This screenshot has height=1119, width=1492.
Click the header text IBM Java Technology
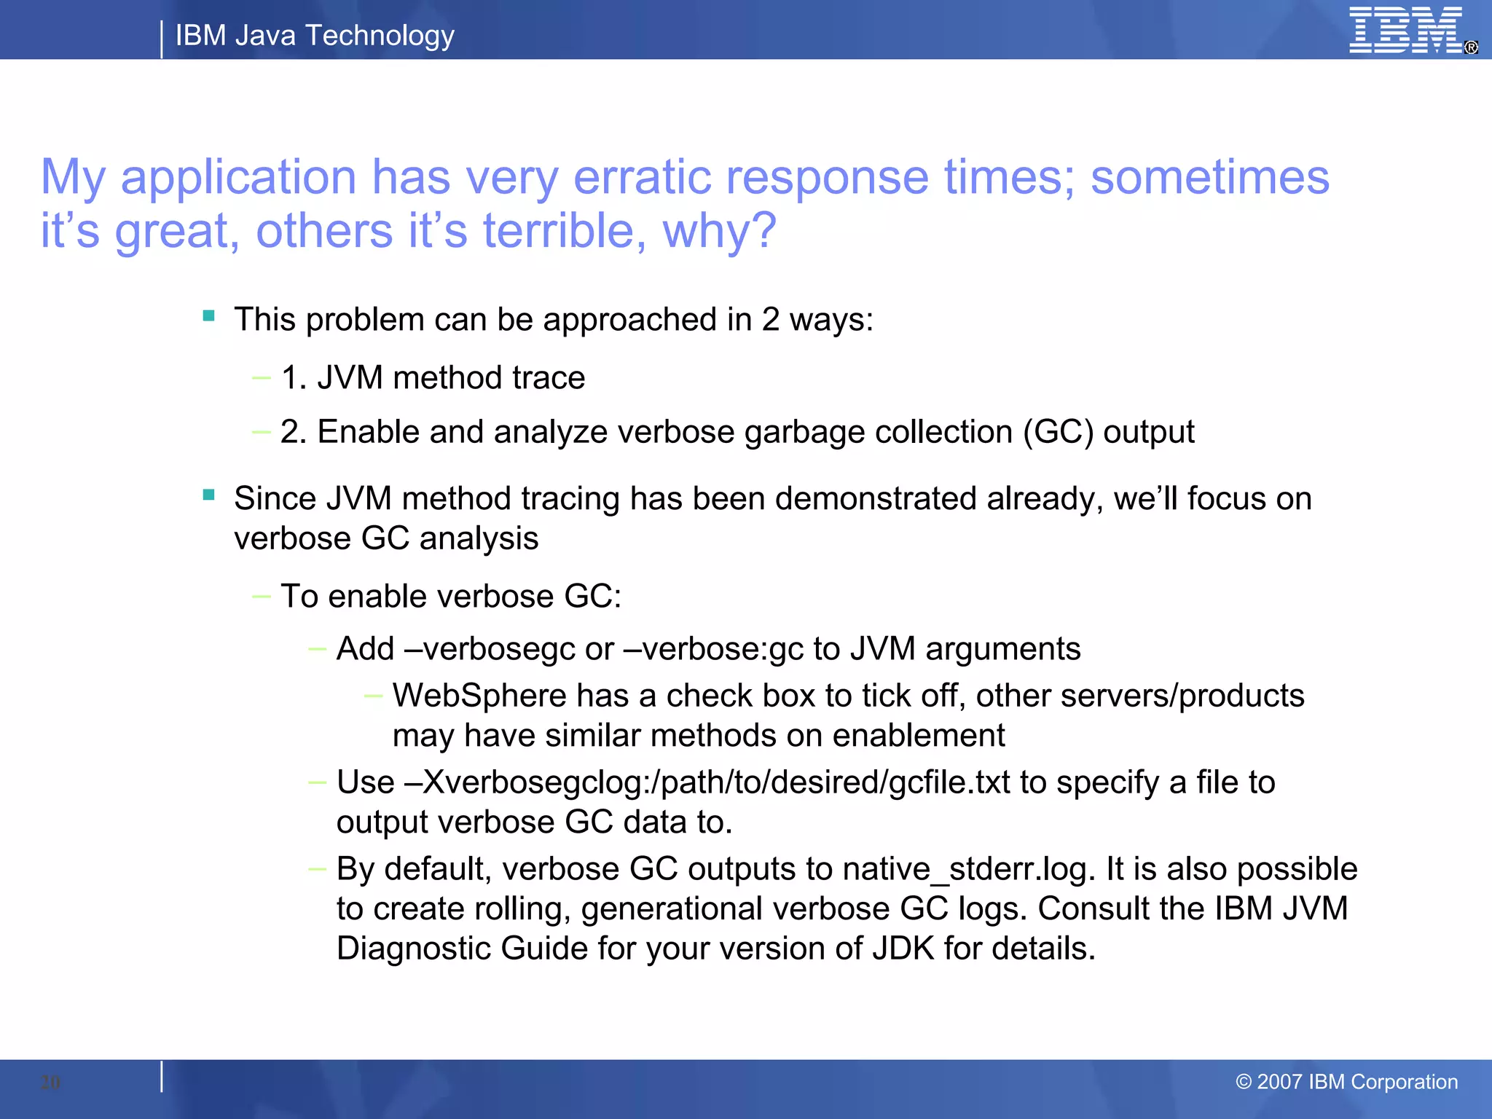315,35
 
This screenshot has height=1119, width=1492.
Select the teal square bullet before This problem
209,316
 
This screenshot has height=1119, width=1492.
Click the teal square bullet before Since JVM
209,495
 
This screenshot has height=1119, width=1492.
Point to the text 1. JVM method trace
433,377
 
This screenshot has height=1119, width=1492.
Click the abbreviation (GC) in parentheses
1058,431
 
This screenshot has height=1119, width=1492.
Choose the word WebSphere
479,696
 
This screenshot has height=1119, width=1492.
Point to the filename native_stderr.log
969,869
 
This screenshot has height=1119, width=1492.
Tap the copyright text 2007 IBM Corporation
1347,1082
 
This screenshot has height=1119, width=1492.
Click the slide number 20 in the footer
50,1082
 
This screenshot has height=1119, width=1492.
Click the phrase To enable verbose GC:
451,596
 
